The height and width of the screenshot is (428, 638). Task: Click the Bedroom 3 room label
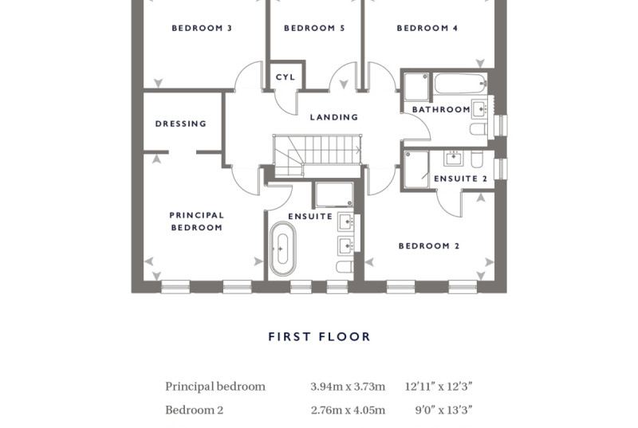click(x=202, y=28)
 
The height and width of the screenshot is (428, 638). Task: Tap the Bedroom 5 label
click(x=314, y=28)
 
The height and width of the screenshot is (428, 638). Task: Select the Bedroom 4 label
click(x=427, y=28)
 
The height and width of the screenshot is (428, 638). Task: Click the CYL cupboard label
click(x=286, y=77)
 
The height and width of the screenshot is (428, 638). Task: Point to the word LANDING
click(x=334, y=117)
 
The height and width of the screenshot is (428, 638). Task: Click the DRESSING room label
click(x=181, y=124)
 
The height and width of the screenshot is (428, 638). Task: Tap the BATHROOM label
click(x=441, y=109)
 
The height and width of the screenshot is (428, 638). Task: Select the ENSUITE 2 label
click(x=461, y=179)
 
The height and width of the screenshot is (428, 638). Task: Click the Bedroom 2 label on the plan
click(x=429, y=246)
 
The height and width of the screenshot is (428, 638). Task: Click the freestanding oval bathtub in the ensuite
click(x=282, y=249)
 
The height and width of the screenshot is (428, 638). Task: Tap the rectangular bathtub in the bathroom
click(x=460, y=84)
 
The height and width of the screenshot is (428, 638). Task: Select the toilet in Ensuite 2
click(x=477, y=159)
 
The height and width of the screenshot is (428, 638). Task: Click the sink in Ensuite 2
click(x=453, y=158)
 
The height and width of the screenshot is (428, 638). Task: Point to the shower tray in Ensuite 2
click(x=416, y=170)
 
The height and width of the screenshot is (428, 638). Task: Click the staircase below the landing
click(x=317, y=155)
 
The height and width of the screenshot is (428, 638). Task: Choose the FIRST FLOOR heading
click(x=320, y=336)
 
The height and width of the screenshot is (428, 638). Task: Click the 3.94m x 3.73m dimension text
click(x=348, y=386)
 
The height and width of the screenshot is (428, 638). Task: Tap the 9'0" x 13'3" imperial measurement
click(x=443, y=410)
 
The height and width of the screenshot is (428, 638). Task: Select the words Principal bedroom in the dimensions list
click(x=215, y=387)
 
